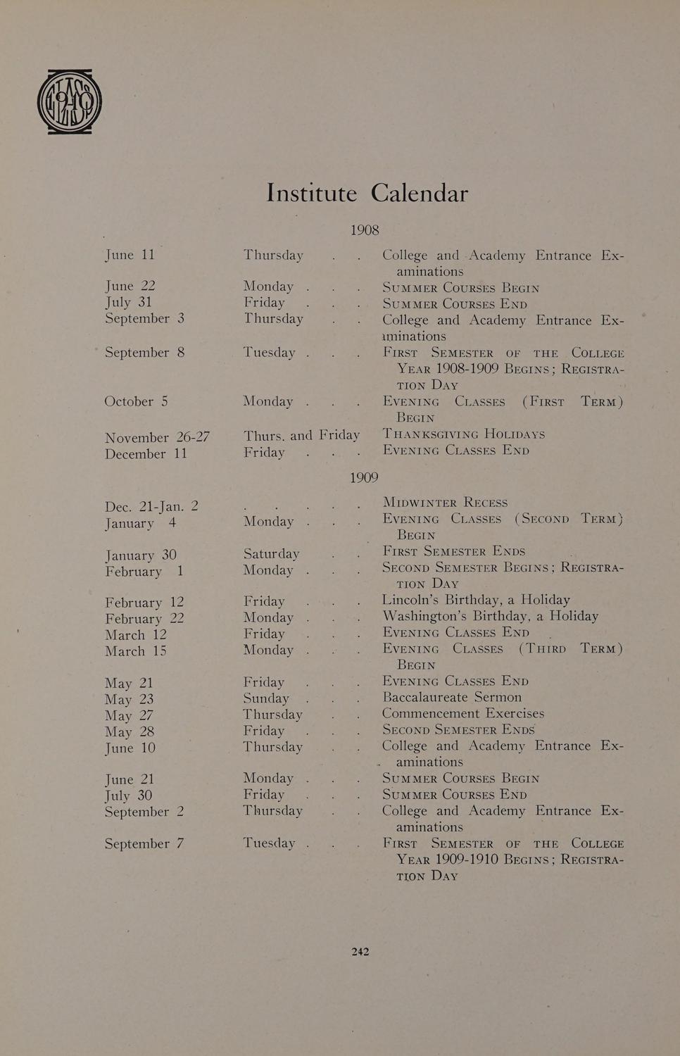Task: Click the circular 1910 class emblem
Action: [x=69, y=102]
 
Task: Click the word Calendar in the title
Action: [x=419, y=193]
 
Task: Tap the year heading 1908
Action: [x=364, y=230]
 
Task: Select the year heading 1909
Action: [x=364, y=477]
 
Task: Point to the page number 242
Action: [x=360, y=951]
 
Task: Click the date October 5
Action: [x=136, y=401]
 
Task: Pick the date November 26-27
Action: [x=157, y=437]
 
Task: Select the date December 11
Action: [x=146, y=454]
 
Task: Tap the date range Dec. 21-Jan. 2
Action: [x=151, y=506]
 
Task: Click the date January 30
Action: [x=141, y=555]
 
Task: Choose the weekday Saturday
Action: [x=271, y=553]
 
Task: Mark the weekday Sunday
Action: [x=266, y=698]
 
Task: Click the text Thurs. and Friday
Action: [x=301, y=435]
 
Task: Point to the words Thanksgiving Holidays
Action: [x=463, y=434]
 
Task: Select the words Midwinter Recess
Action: [x=445, y=502]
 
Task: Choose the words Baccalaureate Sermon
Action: [x=452, y=697]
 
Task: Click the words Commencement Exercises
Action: [x=462, y=713]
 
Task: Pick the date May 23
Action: [x=129, y=699]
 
